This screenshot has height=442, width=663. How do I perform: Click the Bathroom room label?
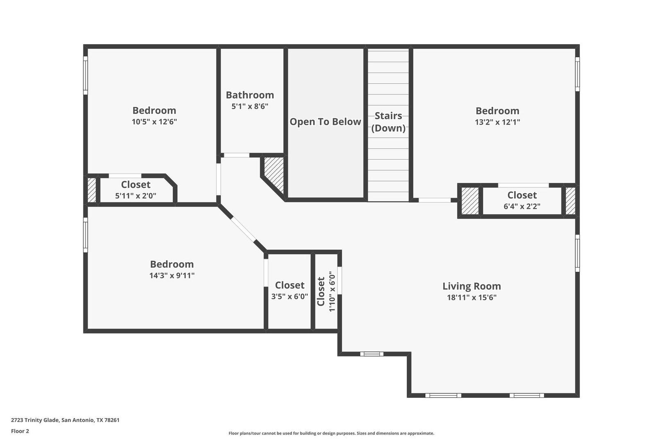tap(250, 95)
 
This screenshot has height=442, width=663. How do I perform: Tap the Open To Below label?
tap(325, 122)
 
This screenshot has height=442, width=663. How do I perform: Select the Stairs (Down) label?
tap(388, 122)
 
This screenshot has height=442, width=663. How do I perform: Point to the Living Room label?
tap(471, 286)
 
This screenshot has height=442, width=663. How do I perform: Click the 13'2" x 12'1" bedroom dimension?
tap(497, 122)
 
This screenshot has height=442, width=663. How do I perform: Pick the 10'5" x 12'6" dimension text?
tap(154, 122)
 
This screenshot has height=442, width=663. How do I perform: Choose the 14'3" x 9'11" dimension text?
tap(171, 275)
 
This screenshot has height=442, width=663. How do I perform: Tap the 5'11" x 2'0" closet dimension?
tap(135, 196)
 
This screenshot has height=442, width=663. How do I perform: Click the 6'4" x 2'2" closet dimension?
tap(522, 206)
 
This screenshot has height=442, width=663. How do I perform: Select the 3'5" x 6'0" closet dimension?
tap(289, 296)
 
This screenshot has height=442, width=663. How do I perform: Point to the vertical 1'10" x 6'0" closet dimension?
tap(332, 291)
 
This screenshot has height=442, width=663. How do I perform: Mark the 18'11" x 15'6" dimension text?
tap(471, 297)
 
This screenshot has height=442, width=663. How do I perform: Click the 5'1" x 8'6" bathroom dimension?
tap(250, 106)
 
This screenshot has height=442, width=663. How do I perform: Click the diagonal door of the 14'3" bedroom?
tap(243, 229)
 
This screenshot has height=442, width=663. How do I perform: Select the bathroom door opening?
tap(237, 155)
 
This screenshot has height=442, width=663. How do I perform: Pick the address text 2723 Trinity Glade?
tap(36, 420)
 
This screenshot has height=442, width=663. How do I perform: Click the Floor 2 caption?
tap(20, 431)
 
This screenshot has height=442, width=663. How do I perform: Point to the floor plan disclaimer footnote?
tap(331, 433)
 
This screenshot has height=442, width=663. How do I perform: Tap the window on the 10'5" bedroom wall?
tap(85, 75)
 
